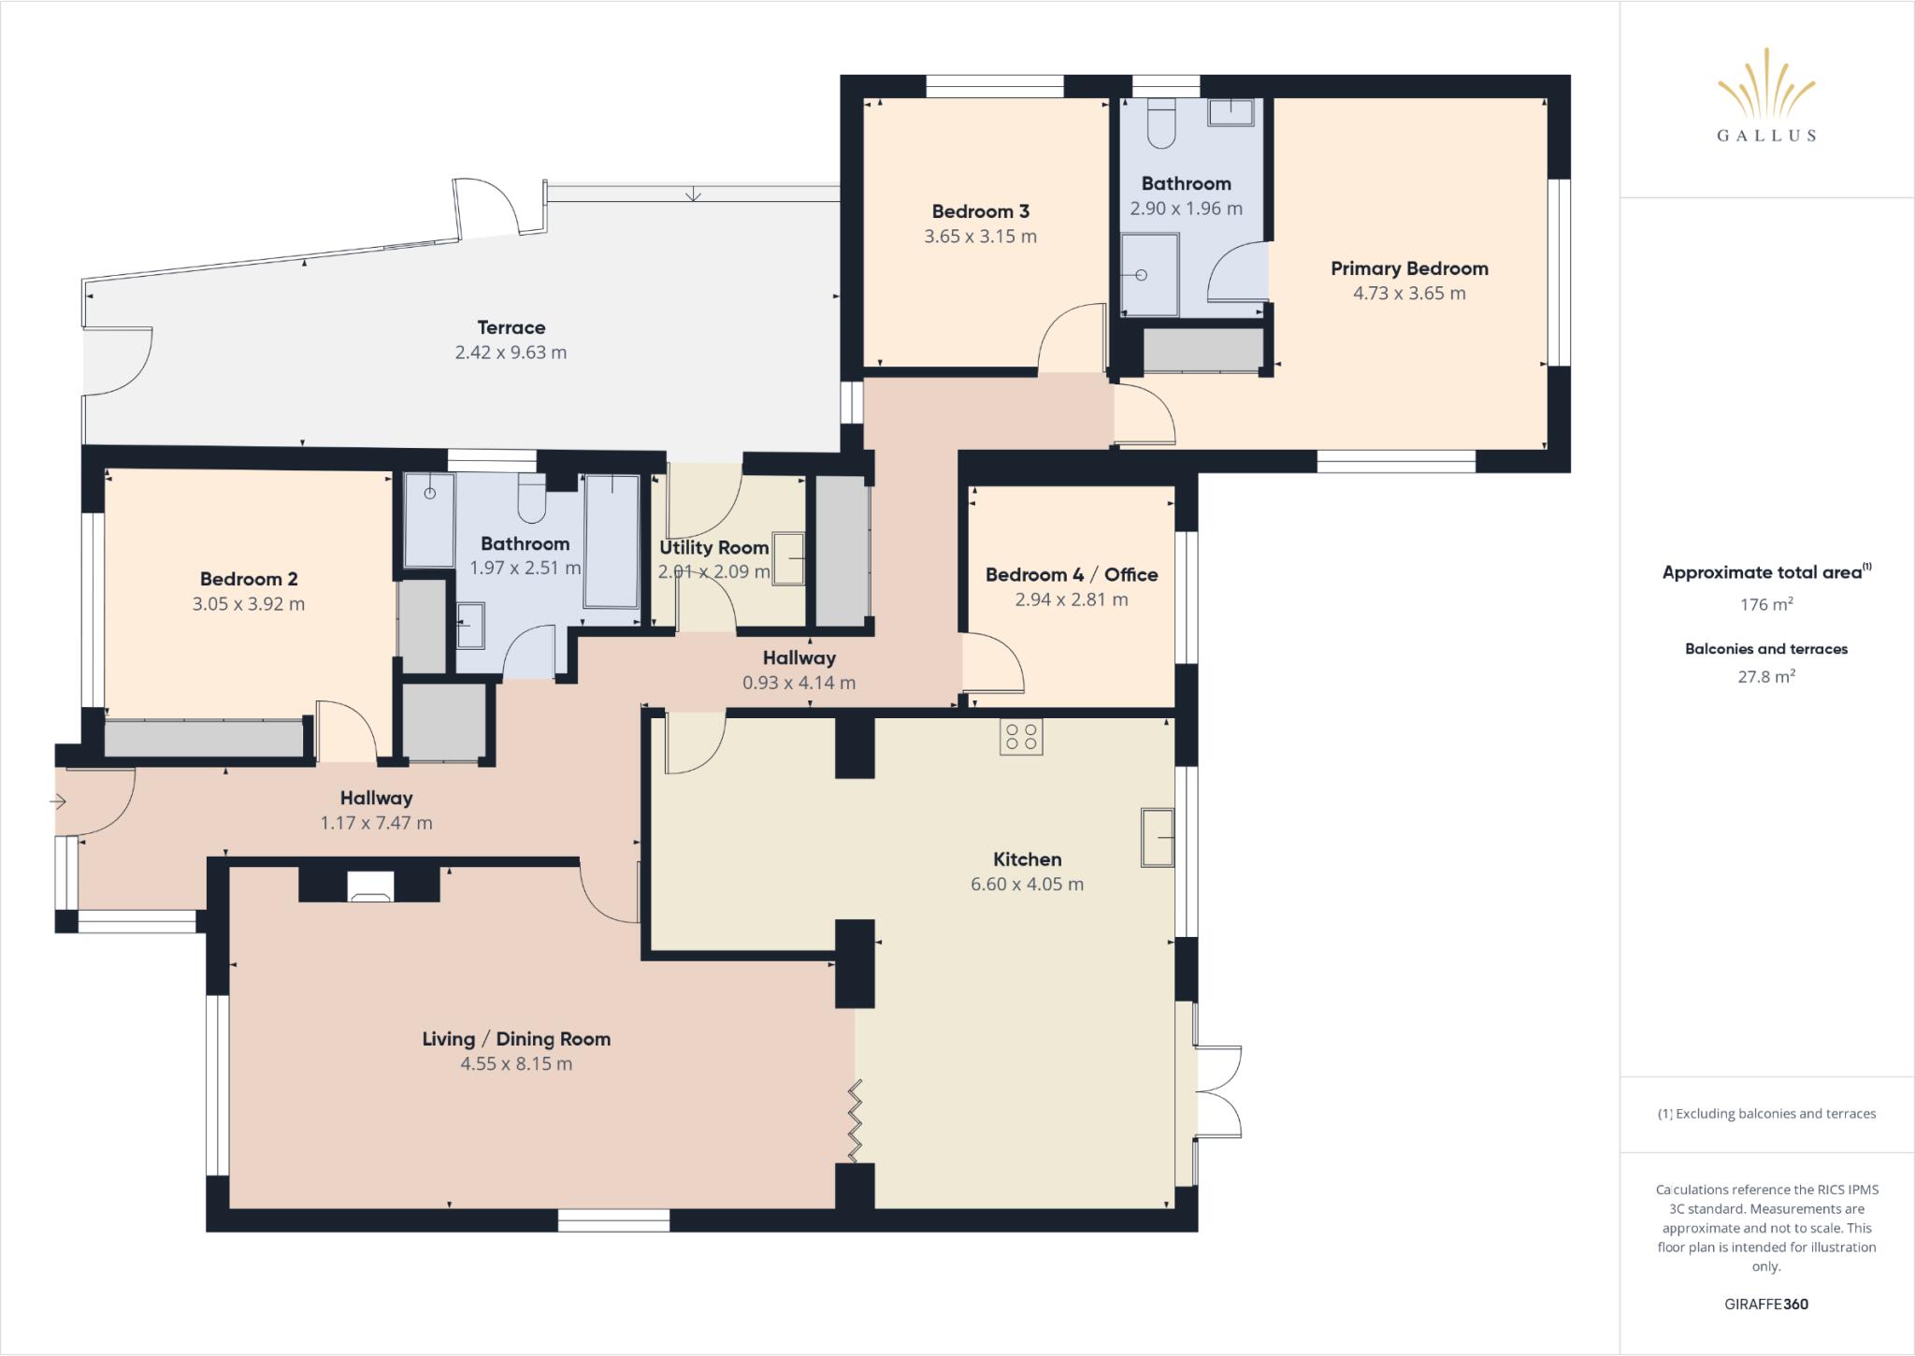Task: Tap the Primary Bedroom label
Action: (1409, 269)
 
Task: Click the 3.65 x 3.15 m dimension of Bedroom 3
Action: (980, 237)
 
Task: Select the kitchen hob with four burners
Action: (1020, 737)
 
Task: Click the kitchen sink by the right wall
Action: (1158, 838)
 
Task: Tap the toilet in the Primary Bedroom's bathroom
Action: (1160, 124)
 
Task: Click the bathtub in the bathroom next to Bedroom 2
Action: (612, 542)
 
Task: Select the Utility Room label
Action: (713, 548)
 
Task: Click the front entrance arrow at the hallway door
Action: (58, 801)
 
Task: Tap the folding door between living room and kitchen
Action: (855, 1120)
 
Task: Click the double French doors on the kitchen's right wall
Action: (1217, 1091)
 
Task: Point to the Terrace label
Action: (511, 328)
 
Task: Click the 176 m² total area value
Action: (1765, 605)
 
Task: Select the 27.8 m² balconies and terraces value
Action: (1765, 677)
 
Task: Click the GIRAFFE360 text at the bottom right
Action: (1765, 1304)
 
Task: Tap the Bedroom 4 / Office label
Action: (1072, 575)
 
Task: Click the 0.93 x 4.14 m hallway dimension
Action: (799, 683)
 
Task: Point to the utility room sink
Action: (788, 559)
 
